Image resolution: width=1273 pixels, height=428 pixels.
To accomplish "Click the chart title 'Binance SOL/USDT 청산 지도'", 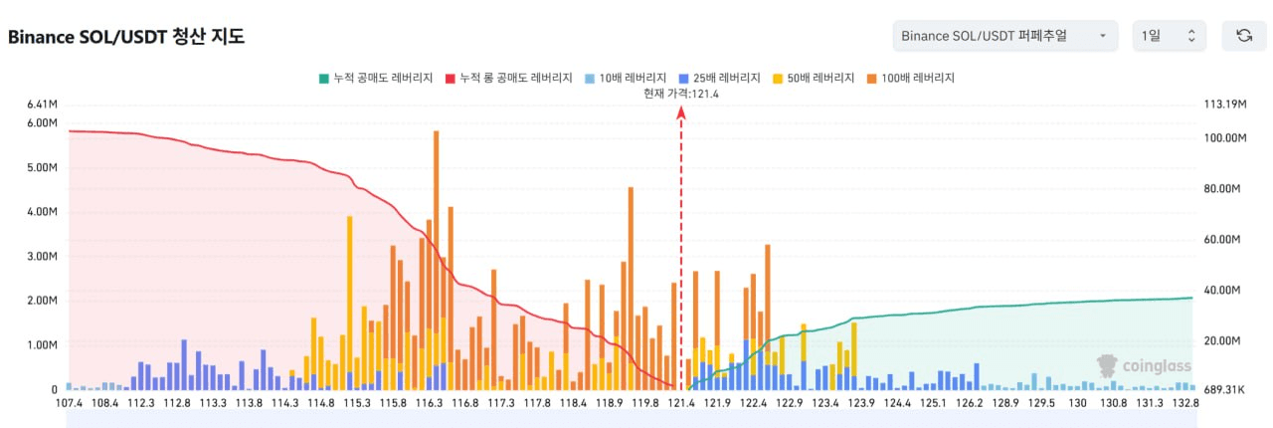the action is [x=126, y=37].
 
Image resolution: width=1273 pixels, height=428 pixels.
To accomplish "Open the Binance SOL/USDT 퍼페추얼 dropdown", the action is [x=1004, y=36].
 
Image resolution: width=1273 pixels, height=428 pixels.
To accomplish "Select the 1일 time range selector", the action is [x=1169, y=36].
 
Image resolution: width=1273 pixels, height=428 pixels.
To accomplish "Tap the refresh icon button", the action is [x=1244, y=36].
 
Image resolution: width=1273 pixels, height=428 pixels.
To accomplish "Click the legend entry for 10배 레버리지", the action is [x=626, y=78].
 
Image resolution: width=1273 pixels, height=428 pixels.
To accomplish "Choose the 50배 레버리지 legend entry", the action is [x=814, y=78].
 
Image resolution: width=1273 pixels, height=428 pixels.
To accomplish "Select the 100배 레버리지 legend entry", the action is [x=911, y=78].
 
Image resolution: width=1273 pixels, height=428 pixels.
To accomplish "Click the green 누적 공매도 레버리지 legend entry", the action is [x=376, y=78].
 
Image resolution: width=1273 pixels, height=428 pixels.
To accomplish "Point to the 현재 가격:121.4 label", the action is [x=681, y=94].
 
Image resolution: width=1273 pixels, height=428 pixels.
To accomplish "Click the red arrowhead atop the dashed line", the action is [x=681, y=113].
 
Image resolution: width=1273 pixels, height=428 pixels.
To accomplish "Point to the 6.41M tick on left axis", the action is [x=42, y=105].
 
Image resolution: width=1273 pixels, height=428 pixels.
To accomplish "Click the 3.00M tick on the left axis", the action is [x=42, y=256].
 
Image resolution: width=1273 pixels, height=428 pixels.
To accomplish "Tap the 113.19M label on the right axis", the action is [x=1225, y=105].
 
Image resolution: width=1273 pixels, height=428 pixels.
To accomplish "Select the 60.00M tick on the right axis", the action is [x=1222, y=239].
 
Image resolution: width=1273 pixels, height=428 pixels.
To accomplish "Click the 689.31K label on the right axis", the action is [x=1224, y=390].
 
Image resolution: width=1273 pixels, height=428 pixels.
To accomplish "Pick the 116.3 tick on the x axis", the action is [x=429, y=403].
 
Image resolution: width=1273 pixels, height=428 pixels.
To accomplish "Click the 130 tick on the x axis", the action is [x=1077, y=403].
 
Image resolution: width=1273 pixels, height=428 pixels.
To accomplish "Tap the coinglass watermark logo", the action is [x=1144, y=366].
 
